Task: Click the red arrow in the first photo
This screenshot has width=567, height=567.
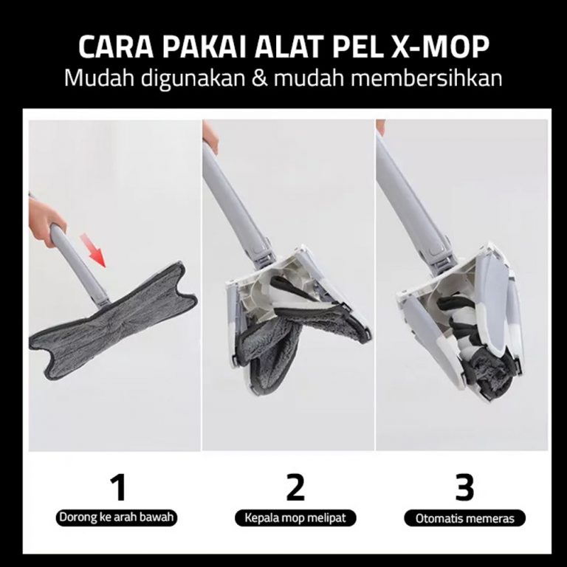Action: tap(93, 250)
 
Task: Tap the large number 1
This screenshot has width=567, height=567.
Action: tap(118, 488)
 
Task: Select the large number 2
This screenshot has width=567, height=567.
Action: tap(295, 488)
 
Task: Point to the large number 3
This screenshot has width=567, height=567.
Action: tap(464, 488)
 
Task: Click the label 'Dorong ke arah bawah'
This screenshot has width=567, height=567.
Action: tap(117, 517)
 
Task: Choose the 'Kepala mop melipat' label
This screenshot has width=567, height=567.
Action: tap(295, 518)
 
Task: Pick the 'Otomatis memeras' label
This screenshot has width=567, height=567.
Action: tap(464, 518)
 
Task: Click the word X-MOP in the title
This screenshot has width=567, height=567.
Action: tap(440, 47)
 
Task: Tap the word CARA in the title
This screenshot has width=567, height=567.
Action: tap(116, 47)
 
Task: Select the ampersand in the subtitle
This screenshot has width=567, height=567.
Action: tap(260, 78)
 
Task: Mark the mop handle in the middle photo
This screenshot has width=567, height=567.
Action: tap(235, 202)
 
